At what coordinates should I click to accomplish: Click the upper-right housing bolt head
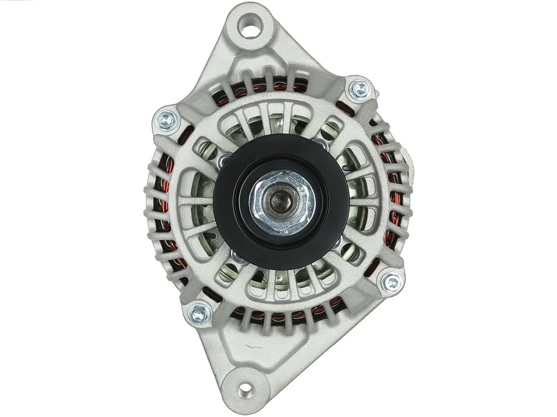coord(360,90)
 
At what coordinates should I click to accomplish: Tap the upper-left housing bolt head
coord(167,120)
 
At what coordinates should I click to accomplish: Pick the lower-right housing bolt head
coord(391,281)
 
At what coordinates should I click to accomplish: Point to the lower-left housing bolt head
coord(199,312)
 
